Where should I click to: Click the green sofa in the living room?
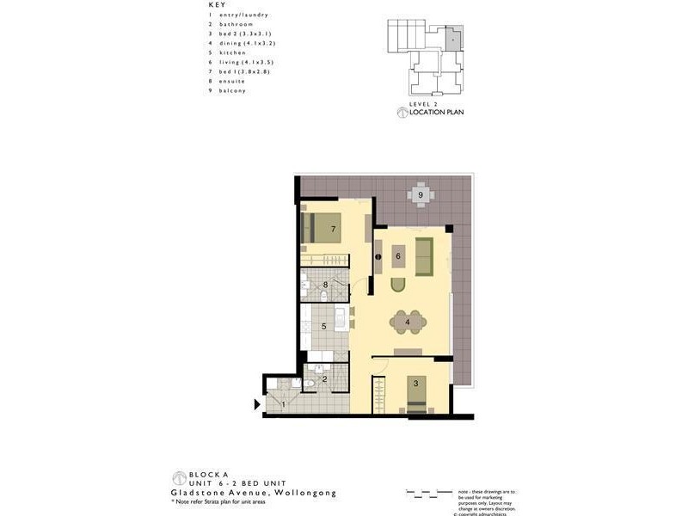pyautogui.click(x=424, y=256)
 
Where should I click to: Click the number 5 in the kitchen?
pyautogui.click(x=323, y=326)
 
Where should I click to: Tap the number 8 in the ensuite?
pyautogui.click(x=325, y=285)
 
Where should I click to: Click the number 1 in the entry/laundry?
pyautogui.click(x=283, y=404)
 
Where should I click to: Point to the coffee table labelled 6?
pyautogui.click(x=398, y=255)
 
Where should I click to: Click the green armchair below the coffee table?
pyautogui.click(x=398, y=286)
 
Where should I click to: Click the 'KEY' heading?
pyautogui.click(x=218, y=5)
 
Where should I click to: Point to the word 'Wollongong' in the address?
pyautogui.click(x=305, y=493)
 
